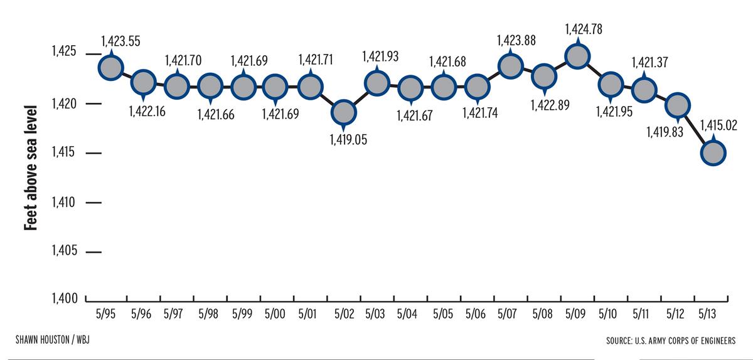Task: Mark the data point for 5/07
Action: click(x=510, y=66)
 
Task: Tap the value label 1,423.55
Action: click(x=121, y=41)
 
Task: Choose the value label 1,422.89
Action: click(x=550, y=105)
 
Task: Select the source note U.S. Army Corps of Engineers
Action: click(x=671, y=341)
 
